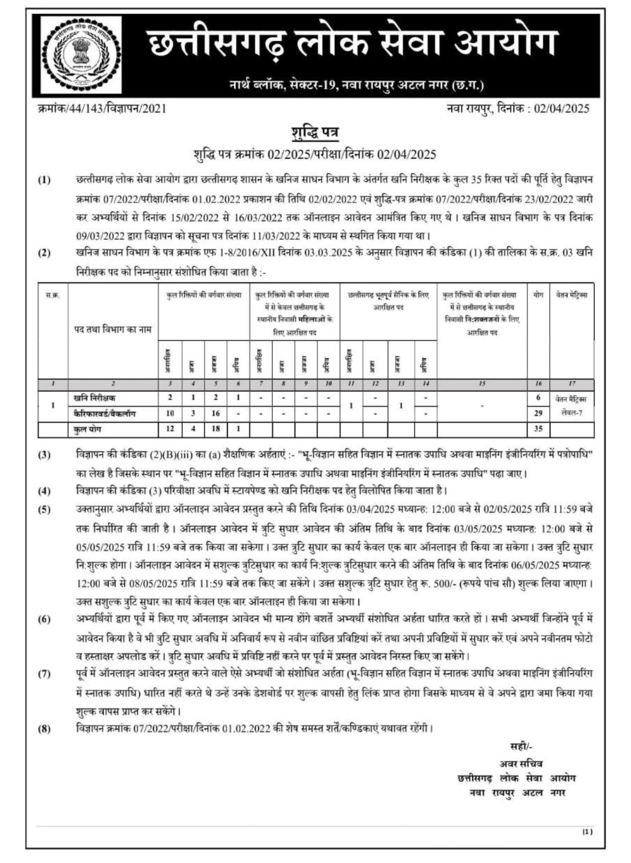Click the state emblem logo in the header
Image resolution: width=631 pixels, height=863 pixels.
click(81, 55)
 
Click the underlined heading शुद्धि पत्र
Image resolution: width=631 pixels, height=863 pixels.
click(315, 133)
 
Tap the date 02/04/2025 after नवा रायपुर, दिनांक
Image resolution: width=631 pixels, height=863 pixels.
click(561, 109)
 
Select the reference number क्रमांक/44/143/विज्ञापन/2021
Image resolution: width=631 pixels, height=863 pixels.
click(102, 109)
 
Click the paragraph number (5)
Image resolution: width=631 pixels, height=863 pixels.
click(45, 510)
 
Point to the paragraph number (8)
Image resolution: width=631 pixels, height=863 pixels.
click(45, 729)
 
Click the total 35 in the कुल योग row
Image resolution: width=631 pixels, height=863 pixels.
click(538, 429)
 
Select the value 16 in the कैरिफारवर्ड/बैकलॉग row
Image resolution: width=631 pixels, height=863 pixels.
click(216, 413)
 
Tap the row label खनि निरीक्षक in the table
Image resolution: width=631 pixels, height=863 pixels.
click(94, 398)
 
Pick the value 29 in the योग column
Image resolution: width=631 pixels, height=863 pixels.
click(538, 413)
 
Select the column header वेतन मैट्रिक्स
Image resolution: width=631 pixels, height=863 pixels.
click(571, 295)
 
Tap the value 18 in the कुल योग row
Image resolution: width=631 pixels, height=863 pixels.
click(216, 429)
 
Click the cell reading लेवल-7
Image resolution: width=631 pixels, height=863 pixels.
click(571, 413)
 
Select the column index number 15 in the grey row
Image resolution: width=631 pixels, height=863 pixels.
click(482, 384)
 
